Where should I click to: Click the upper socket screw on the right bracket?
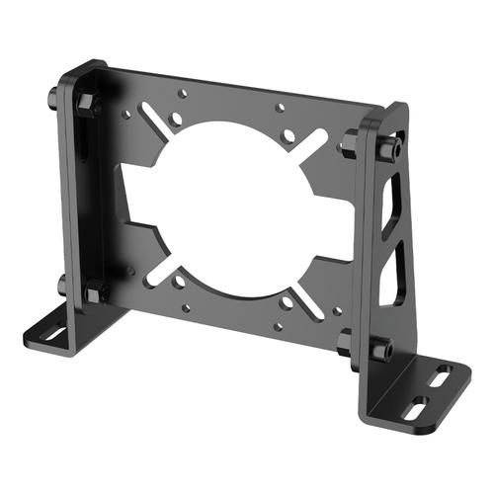coord(388,149)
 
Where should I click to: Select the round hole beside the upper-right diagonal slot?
coord(288,135)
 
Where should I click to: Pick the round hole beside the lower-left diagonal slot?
coord(180,284)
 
